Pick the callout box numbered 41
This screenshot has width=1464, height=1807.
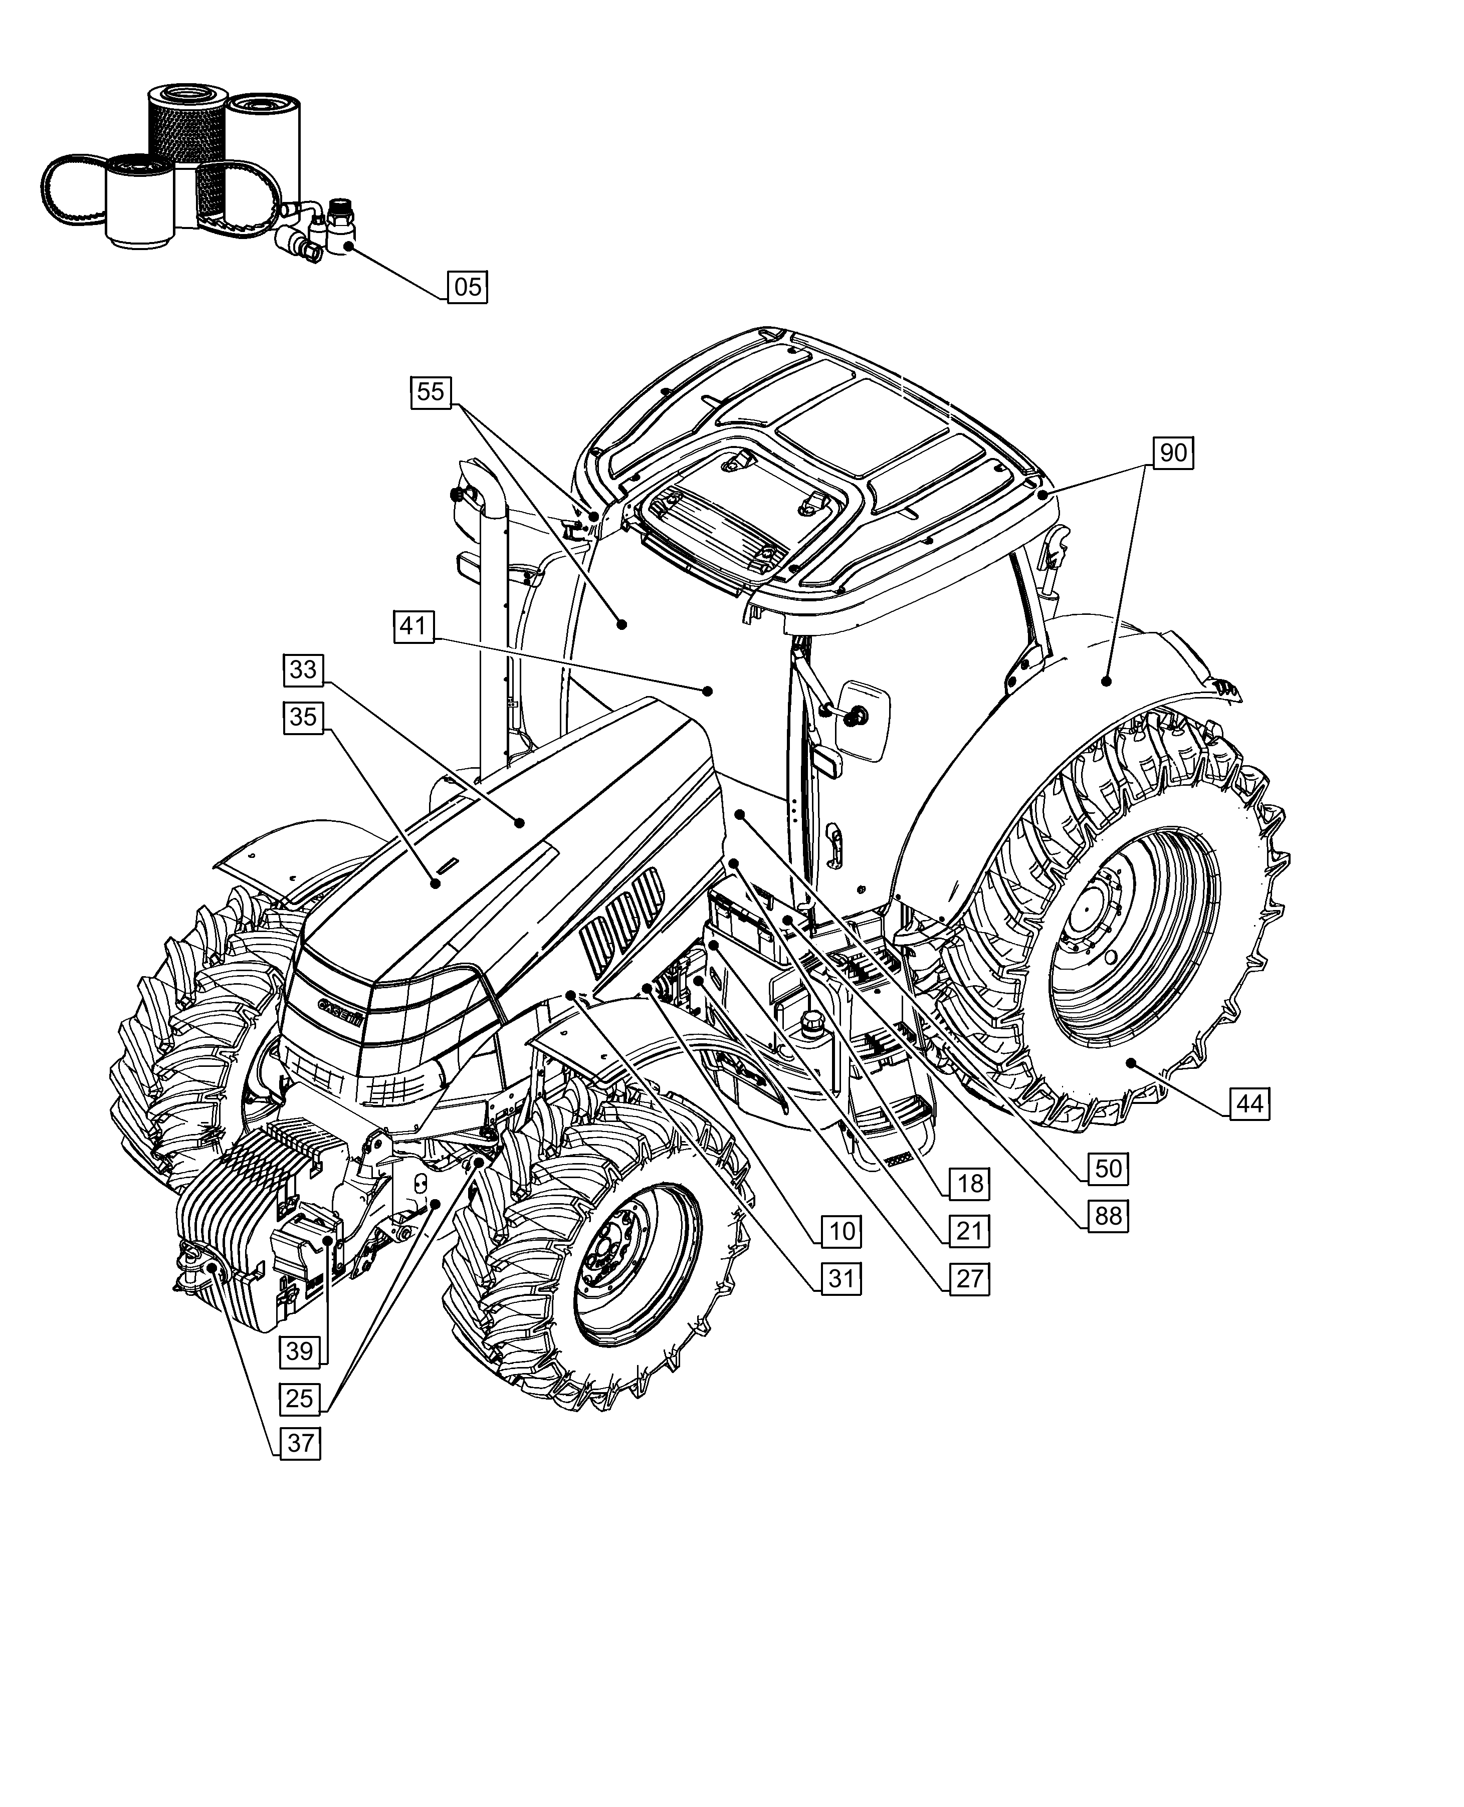[x=413, y=626]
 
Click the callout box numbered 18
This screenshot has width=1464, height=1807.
[x=970, y=1184]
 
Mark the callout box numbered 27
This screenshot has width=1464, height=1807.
[x=970, y=1279]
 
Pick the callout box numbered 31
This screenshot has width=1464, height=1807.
[x=842, y=1279]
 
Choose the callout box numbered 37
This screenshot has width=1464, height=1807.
[x=301, y=1443]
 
